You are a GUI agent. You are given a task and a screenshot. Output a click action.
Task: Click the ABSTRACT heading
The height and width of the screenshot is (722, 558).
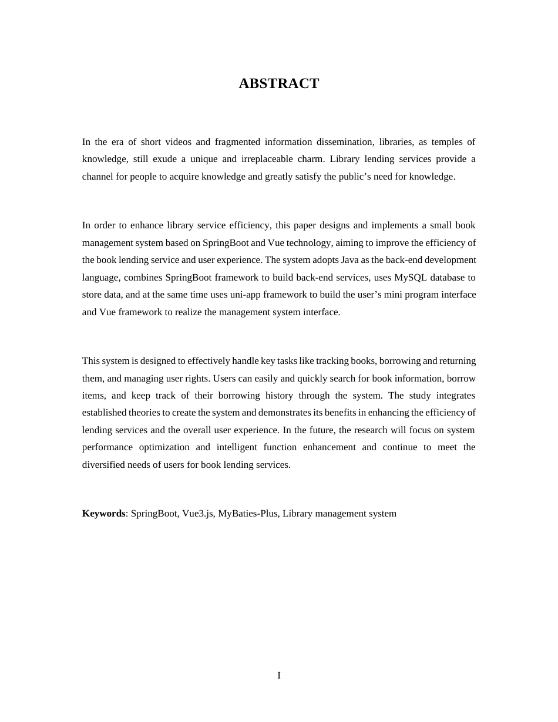tap(278, 83)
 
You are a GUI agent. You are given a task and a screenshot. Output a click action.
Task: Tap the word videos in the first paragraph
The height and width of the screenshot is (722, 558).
tap(179, 141)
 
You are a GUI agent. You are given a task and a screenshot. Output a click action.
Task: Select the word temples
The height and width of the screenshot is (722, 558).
tap(447, 141)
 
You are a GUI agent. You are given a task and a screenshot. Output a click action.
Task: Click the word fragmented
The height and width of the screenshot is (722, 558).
tap(237, 141)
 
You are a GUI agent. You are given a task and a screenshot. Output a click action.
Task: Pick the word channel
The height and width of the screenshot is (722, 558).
tap(98, 177)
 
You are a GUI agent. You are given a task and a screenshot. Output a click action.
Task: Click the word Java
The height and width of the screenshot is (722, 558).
tap(350, 260)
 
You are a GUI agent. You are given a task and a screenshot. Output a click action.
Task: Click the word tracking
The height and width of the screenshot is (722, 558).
tap(332, 361)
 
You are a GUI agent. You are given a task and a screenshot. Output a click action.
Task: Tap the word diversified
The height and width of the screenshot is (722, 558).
tap(103, 465)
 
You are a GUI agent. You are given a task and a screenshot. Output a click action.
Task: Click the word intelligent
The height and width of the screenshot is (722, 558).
tap(237, 447)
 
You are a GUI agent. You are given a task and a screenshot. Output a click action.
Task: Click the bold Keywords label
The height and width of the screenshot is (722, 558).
tap(103, 514)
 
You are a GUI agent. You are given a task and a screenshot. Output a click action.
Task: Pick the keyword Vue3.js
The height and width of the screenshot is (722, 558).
tap(197, 514)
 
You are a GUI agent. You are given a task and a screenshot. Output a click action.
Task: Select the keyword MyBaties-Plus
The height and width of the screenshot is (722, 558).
tap(247, 514)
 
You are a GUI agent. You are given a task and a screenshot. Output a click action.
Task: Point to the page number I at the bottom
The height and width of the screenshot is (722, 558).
tap(279, 676)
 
